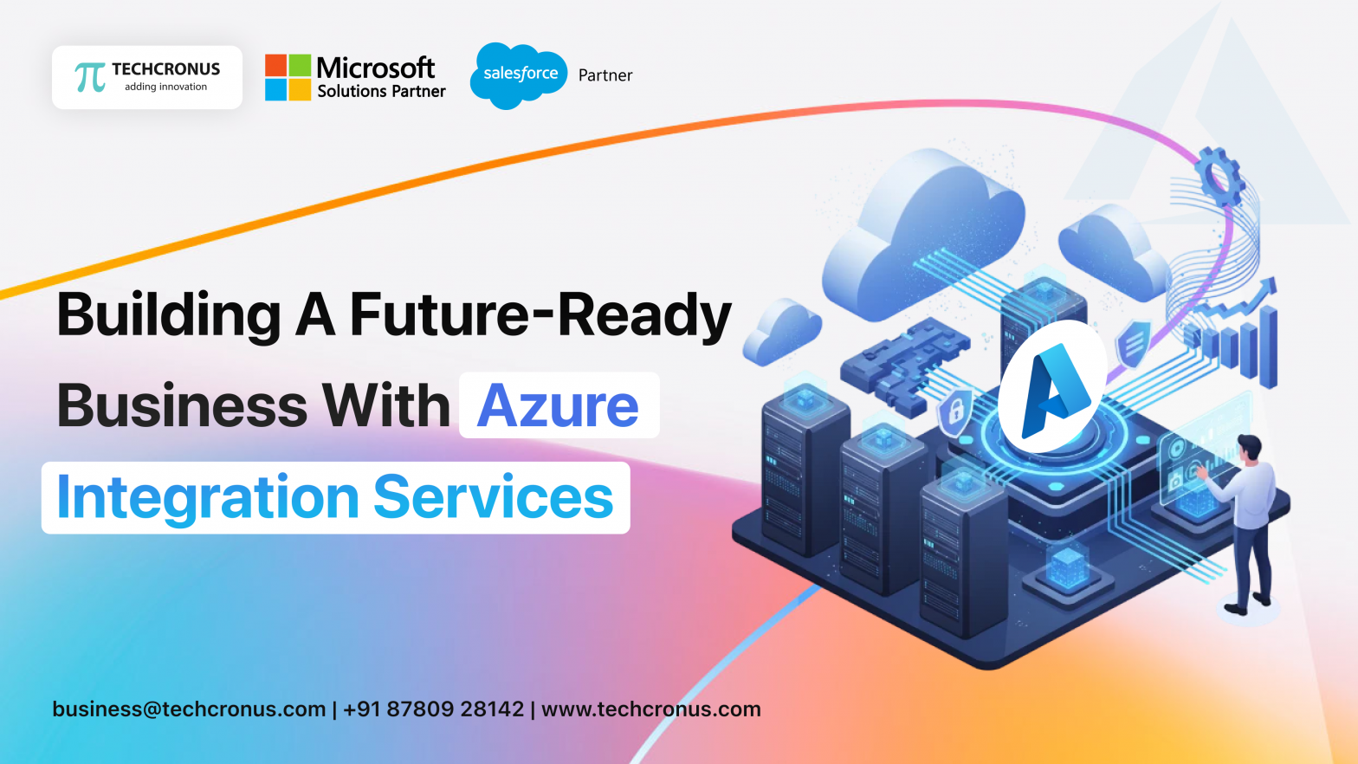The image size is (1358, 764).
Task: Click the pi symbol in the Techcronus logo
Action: point(90,77)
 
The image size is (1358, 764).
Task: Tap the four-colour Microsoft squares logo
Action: point(288,77)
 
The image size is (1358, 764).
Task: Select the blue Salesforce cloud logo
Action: point(519,75)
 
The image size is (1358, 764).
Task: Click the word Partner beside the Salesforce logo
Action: point(605,75)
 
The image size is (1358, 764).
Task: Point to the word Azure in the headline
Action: point(558,405)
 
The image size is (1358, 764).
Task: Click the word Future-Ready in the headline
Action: point(540,314)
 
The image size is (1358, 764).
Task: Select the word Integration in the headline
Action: point(208,497)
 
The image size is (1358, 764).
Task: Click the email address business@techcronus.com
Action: point(189,709)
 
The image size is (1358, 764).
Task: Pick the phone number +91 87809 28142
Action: point(433,709)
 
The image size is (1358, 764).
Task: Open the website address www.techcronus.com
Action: point(651,709)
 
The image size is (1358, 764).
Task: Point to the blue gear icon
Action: point(1220,176)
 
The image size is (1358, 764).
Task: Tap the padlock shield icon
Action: point(956,410)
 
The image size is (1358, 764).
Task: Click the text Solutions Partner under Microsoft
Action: point(381,92)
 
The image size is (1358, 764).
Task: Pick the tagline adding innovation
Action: point(165,87)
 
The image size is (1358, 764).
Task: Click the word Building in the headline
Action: point(169,314)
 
